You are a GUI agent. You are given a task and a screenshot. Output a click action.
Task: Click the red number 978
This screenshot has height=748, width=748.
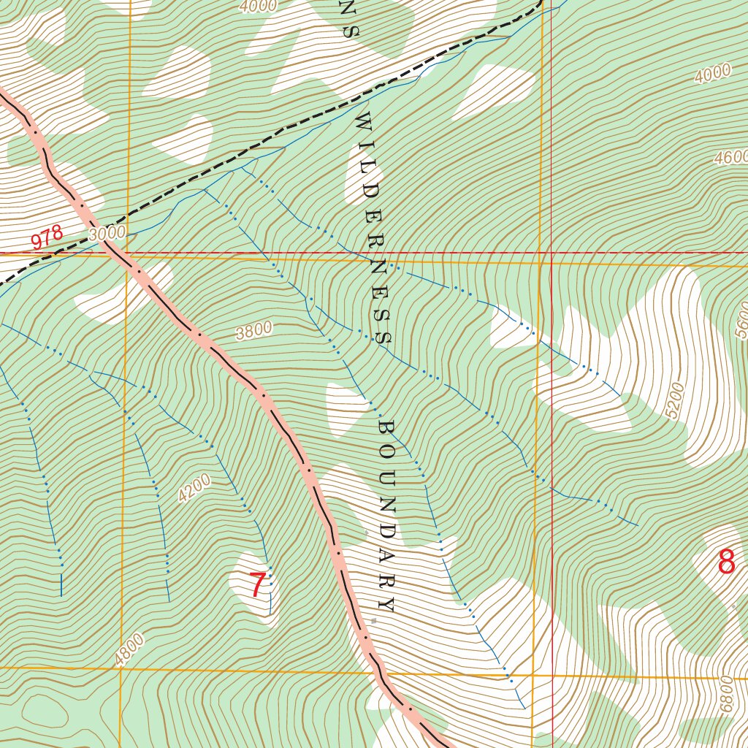coord(47,239)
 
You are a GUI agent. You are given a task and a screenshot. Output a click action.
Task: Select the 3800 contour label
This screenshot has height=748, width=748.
coord(254,331)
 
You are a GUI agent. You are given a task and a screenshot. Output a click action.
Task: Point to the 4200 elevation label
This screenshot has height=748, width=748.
coord(194,488)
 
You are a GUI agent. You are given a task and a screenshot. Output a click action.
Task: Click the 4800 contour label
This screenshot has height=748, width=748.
coord(129,649)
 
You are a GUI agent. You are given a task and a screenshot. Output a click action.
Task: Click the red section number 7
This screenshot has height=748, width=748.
coord(257,585)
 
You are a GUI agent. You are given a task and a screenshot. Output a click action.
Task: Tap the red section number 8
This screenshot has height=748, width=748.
coord(726,562)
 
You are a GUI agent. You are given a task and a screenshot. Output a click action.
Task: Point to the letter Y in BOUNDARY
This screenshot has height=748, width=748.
coord(386,605)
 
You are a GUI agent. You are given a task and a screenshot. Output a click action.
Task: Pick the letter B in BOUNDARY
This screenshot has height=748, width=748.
coord(386,427)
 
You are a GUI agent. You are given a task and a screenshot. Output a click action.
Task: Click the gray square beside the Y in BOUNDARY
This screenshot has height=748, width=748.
coord(374,621)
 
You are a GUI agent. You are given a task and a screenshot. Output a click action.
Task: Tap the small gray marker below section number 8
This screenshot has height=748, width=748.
coord(734,606)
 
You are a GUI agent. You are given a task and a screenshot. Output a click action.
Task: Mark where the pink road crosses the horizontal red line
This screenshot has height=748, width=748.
coord(117,254)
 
